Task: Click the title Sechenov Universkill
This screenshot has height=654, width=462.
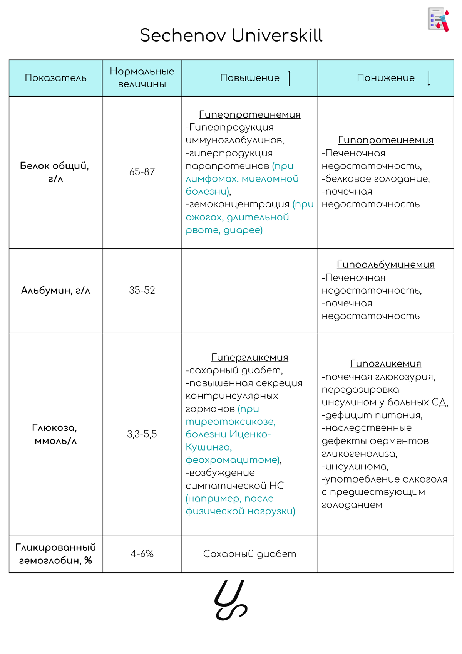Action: coord(231,35)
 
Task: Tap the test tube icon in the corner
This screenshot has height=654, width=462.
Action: coord(439,19)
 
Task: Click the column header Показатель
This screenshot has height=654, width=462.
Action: coord(55,78)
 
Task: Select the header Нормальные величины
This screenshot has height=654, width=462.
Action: coord(142,78)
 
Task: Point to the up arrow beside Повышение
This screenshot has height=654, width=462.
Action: coord(290,78)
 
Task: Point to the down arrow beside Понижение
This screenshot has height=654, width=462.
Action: coord(429,78)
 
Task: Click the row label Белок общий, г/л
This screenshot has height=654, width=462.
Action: coord(55,172)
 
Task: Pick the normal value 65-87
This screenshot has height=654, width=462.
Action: coord(142,172)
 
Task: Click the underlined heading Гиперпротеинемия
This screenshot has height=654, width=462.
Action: coord(249,114)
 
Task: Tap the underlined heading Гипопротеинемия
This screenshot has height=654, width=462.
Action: coord(385,140)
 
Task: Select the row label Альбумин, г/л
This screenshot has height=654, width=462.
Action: coord(55,290)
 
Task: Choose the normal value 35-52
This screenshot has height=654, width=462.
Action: coord(142,290)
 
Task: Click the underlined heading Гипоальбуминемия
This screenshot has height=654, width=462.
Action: coord(385,264)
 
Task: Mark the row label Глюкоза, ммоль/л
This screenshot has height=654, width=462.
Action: coord(55,434)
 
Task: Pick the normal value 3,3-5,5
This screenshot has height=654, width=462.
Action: coord(142,434)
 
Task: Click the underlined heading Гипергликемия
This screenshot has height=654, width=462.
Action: coord(249,357)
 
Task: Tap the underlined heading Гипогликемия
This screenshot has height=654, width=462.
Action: coord(385,363)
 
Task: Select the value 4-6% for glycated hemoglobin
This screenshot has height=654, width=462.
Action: coord(142,554)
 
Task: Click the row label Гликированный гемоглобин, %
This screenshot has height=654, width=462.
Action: coord(55,554)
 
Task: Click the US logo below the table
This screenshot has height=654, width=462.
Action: coord(231,600)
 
